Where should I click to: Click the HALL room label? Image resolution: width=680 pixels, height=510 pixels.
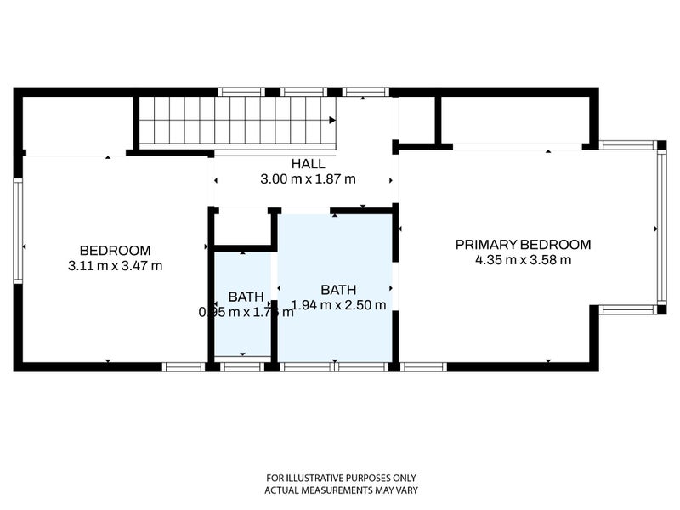307,164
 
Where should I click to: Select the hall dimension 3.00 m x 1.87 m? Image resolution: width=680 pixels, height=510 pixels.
307,179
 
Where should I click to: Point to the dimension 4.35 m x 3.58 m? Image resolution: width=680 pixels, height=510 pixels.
523,260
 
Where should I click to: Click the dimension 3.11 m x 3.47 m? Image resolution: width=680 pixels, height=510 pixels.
115,265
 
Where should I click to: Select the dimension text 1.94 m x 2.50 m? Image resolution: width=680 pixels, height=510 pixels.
338,305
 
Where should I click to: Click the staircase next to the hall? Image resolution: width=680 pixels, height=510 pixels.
235,122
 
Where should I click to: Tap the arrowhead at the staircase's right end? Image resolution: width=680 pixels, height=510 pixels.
332,122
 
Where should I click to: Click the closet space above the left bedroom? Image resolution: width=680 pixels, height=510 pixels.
77,125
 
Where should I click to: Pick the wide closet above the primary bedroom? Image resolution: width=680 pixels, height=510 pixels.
515,120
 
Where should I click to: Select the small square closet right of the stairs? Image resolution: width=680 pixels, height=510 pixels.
416,120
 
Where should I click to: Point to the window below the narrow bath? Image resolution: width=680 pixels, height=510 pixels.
242,367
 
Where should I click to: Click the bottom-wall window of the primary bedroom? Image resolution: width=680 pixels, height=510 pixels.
423,367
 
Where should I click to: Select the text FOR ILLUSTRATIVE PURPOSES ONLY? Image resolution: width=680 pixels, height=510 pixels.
340,478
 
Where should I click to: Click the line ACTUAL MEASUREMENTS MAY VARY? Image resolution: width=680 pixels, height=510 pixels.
340,490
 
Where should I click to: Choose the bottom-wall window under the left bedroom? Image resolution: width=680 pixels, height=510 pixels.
183,367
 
